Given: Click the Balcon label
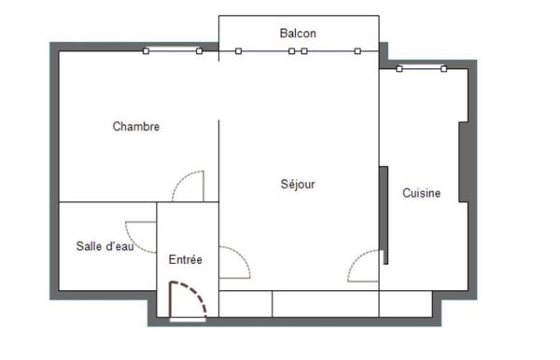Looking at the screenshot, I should (298, 34).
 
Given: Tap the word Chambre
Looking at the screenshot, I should (136, 127).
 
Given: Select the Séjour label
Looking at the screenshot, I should (298, 185).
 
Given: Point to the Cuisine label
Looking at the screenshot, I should (421, 194).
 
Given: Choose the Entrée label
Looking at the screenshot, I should (185, 259).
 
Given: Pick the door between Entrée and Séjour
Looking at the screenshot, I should (233, 263).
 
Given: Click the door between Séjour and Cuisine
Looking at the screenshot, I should (365, 267).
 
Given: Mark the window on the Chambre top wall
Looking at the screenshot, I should (173, 50).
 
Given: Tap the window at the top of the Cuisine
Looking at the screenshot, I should (421, 68).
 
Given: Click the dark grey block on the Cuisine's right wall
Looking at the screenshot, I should (463, 160).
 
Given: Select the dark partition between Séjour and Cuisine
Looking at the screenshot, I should (384, 215).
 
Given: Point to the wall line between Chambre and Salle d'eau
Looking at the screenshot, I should (107, 201).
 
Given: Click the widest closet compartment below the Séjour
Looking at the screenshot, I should (326, 304).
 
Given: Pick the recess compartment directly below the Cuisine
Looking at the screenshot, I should (405, 304).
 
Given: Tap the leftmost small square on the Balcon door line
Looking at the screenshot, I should (238, 50).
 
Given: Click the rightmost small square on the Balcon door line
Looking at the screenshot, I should (357, 50).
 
